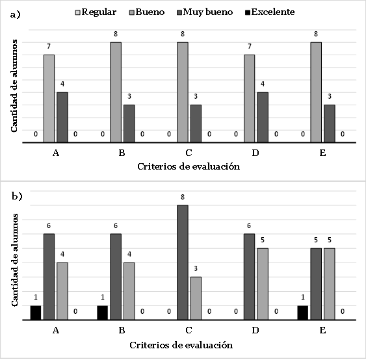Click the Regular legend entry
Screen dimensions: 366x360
(x=96, y=12)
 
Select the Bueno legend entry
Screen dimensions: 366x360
(x=147, y=12)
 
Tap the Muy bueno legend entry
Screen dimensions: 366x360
(x=205, y=12)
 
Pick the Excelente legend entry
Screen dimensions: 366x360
(x=270, y=12)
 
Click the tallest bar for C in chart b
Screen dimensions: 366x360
(x=183, y=263)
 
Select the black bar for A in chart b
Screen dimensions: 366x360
(x=36, y=313)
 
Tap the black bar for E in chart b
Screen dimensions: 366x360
(x=303, y=313)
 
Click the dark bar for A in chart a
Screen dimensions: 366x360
(x=62, y=118)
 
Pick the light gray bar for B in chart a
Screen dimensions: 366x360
(x=116, y=92)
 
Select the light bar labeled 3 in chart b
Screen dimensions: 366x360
(x=196, y=298)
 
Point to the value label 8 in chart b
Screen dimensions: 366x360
(x=183, y=197)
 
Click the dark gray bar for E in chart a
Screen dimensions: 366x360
(x=330, y=123)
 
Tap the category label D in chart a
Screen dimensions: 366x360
(x=255, y=153)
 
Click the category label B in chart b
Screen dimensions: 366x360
(x=122, y=330)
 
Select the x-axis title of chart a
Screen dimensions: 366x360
(x=189, y=166)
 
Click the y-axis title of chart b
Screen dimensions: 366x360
(x=14, y=260)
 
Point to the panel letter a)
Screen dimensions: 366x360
(x=16, y=15)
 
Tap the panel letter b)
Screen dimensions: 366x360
(x=17, y=196)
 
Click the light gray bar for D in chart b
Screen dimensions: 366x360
(x=263, y=284)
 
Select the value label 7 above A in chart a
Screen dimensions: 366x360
(x=49, y=46)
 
